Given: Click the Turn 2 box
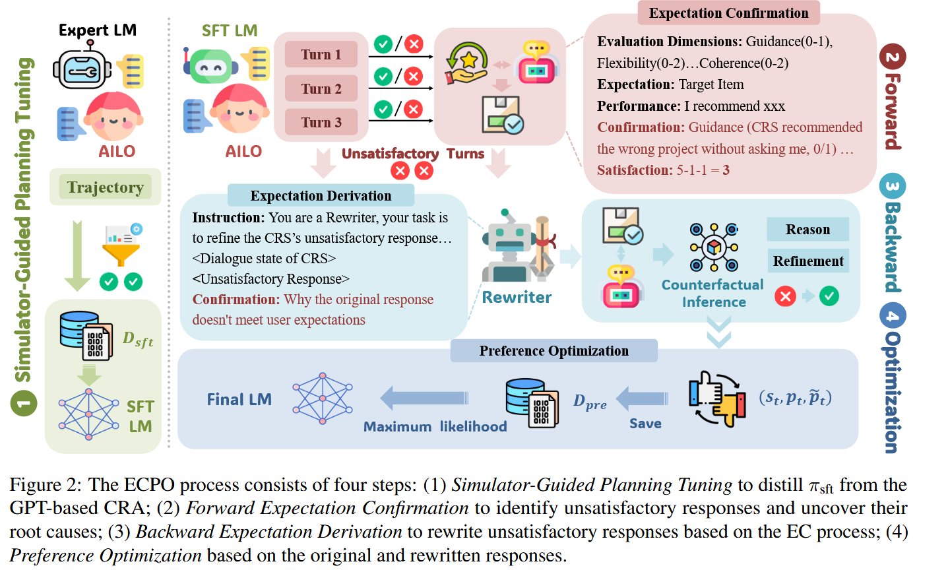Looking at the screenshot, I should click(321, 88).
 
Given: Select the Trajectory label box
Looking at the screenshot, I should click(106, 187).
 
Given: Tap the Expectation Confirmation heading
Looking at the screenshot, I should click(728, 13).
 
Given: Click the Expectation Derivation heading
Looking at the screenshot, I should click(321, 196).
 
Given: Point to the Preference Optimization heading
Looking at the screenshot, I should click(553, 351).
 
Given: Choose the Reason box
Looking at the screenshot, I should click(807, 230).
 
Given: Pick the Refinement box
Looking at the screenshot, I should click(808, 261).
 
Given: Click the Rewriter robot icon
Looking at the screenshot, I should click(517, 245).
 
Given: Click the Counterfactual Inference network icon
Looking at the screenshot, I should click(713, 247).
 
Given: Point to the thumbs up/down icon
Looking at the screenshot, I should click(717, 399).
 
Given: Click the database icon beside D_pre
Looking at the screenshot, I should click(532, 402).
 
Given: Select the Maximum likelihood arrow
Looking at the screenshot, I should click(425, 398).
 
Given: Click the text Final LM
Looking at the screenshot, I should click(239, 400).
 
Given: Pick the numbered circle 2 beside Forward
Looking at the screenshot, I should click(892, 57).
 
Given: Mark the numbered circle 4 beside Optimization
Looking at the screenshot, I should click(892, 316).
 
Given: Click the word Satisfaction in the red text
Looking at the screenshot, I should click(634, 170).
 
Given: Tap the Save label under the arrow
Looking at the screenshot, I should click(645, 424).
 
